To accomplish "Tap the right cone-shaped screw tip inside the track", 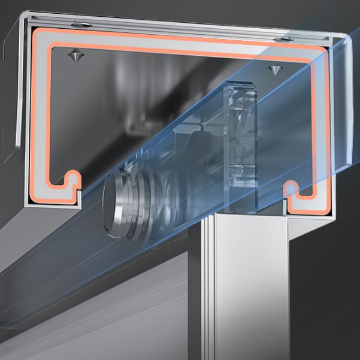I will coord(274,70).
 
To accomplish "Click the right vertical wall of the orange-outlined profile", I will coord(324,132).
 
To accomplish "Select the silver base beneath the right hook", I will coord(308,211).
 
